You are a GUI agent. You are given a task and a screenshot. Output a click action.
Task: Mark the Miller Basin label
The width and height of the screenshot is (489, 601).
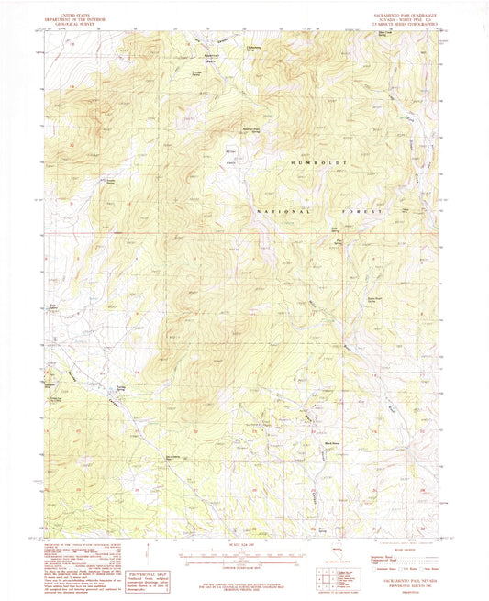click(x=230, y=151)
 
